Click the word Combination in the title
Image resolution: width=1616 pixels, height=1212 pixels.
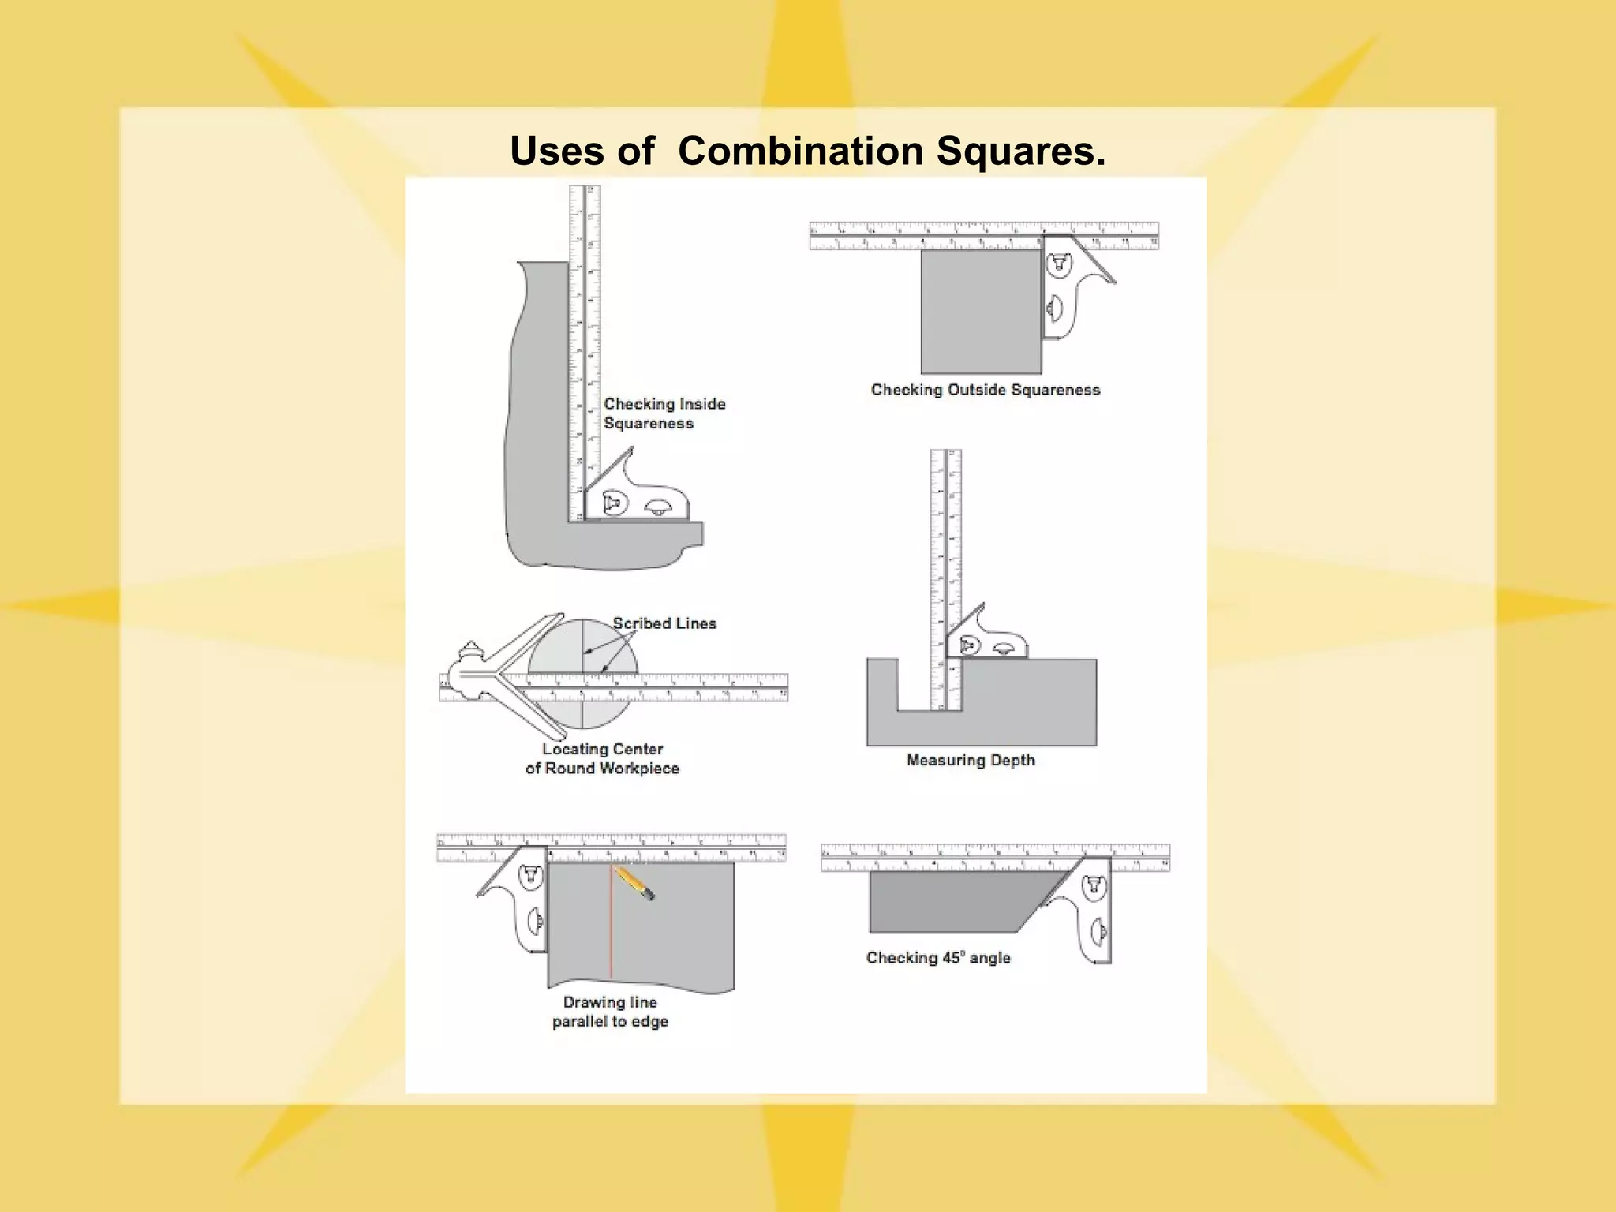pyautogui.click(x=800, y=151)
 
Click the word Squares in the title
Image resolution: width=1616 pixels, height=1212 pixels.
pyautogui.click(x=1020, y=151)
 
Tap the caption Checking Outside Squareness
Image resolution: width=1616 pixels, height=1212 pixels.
pyautogui.click(x=985, y=390)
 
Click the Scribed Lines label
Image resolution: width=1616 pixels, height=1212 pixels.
pyautogui.click(x=664, y=623)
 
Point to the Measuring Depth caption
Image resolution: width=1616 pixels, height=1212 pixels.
pyautogui.click(x=970, y=761)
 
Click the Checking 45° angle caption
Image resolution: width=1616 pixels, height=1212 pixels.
pyautogui.click(x=937, y=958)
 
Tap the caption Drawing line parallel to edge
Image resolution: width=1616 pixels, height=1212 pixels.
pyautogui.click(x=610, y=1012)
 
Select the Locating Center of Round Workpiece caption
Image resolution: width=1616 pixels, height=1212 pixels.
pyautogui.click(x=602, y=759)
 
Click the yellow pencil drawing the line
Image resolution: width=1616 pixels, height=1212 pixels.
pyautogui.click(x=634, y=882)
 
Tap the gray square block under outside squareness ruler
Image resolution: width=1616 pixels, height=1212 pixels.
pyautogui.click(x=981, y=312)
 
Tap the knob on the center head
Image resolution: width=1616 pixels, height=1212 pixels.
pyautogui.click(x=469, y=651)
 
